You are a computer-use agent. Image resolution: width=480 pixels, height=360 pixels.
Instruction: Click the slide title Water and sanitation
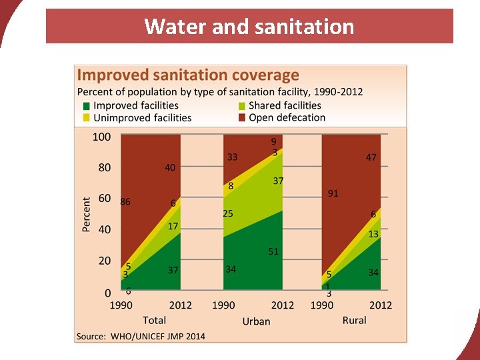(249, 27)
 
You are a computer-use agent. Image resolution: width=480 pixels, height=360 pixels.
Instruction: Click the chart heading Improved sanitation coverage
(188, 75)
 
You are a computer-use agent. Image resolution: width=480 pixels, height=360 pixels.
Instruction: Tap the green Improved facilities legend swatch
(86, 106)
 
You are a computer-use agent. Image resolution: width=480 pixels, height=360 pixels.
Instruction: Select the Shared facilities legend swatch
(243, 106)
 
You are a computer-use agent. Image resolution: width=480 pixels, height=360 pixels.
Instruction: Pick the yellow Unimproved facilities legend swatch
(86, 118)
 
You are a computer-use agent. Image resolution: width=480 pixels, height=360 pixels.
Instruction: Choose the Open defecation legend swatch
(243, 118)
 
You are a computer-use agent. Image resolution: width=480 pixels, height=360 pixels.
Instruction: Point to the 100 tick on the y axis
(101, 137)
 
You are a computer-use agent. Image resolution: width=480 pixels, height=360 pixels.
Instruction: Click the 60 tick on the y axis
(105, 199)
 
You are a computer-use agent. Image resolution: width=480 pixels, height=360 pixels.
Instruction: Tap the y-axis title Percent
(86, 214)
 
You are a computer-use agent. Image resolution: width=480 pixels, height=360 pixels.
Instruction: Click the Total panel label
(154, 320)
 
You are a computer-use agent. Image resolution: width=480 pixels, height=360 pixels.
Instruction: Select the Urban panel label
(256, 321)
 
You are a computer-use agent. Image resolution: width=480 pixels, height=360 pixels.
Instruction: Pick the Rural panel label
(354, 320)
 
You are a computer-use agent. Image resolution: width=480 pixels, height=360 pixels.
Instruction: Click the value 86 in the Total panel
(125, 201)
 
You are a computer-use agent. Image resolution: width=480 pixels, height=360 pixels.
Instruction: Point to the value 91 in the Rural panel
(333, 193)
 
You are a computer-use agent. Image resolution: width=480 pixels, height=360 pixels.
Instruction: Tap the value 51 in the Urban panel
(273, 251)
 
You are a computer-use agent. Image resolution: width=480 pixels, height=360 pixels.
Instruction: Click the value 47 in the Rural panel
(371, 157)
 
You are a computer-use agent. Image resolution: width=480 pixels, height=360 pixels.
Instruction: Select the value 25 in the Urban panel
(228, 214)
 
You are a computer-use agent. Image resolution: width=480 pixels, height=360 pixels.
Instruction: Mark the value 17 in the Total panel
(173, 227)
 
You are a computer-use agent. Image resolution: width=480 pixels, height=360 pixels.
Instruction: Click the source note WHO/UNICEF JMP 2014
(141, 336)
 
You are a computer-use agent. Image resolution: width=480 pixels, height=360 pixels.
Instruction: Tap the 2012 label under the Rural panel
(381, 305)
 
